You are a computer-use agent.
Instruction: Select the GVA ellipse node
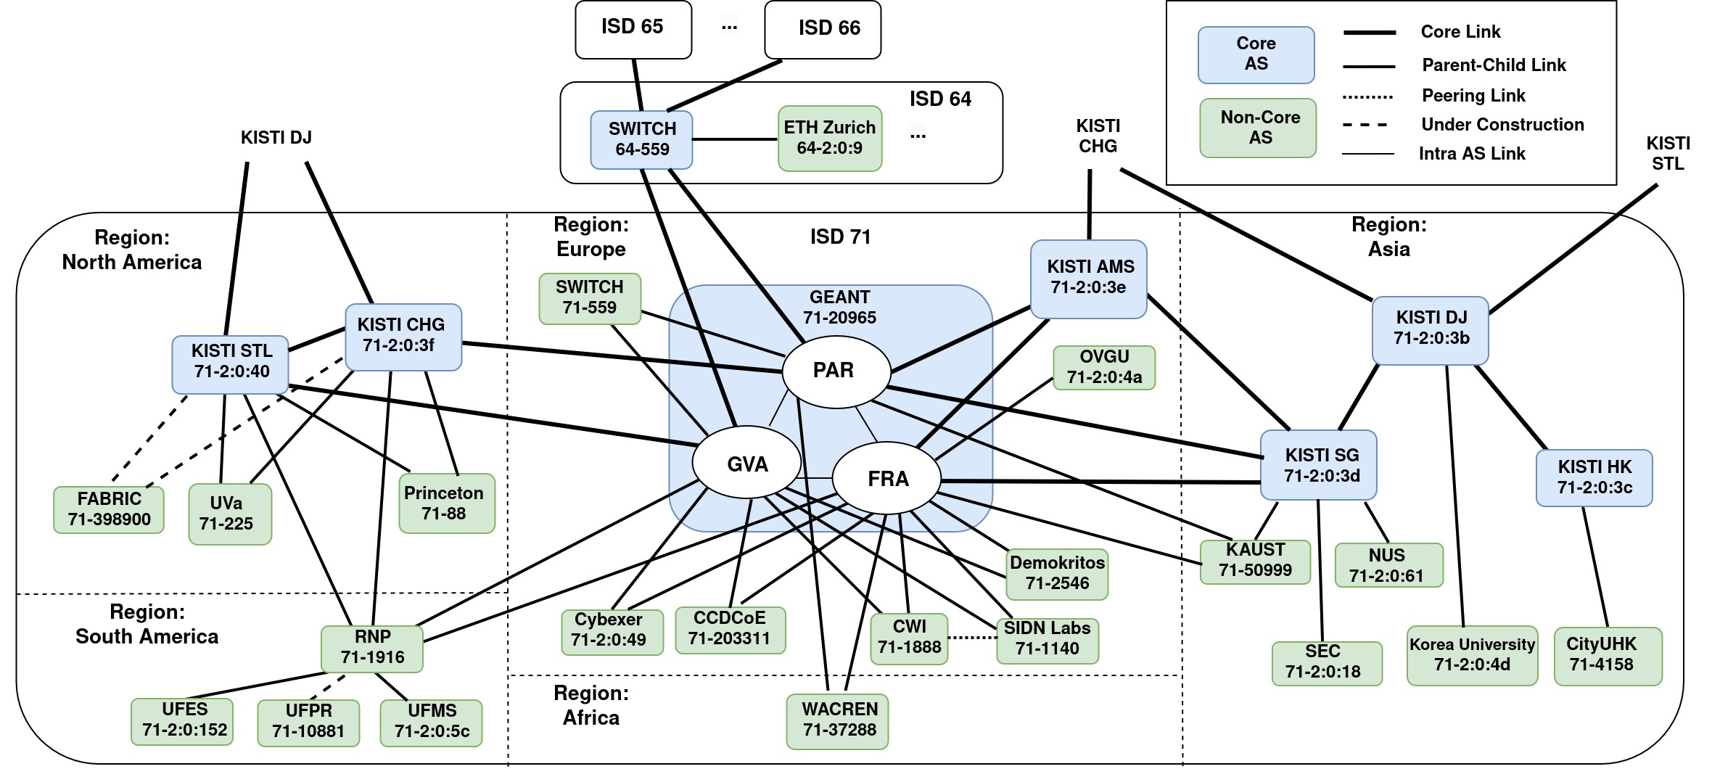pyautogui.click(x=746, y=464)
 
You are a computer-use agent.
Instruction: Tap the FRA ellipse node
pyautogui.click(x=886, y=479)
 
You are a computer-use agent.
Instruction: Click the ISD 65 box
pyautogui.click(x=633, y=29)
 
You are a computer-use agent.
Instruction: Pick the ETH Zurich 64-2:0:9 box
pyautogui.click(x=830, y=138)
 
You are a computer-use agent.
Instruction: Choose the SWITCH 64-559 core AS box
pyautogui.click(x=641, y=139)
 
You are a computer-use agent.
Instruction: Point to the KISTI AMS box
pyautogui.click(x=1088, y=279)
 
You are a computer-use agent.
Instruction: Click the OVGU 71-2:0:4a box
pyautogui.click(x=1103, y=367)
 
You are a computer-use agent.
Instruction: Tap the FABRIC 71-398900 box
pyautogui.click(x=109, y=509)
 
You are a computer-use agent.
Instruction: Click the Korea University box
pyautogui.click(x=1472, y=655)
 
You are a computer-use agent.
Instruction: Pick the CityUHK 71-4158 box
pyautogui.click(x=1608, y=655)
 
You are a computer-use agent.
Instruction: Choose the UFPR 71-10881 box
pyautogui.click(x=308, y=722)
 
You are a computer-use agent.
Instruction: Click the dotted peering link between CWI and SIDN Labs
pyautogui.click(x=972, y=638)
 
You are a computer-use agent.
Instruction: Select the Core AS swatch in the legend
pyautogui.click(x=1256, y=54)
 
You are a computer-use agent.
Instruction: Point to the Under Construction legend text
pyautogui.click(x=1502, y=125)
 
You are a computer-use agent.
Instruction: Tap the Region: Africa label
pyautogui.click(x=590, y=705)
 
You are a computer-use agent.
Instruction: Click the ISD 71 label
pyautogui.click(x=840, y=237)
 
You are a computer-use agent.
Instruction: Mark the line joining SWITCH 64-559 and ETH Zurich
pyautogui.click(x=735, y=139)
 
